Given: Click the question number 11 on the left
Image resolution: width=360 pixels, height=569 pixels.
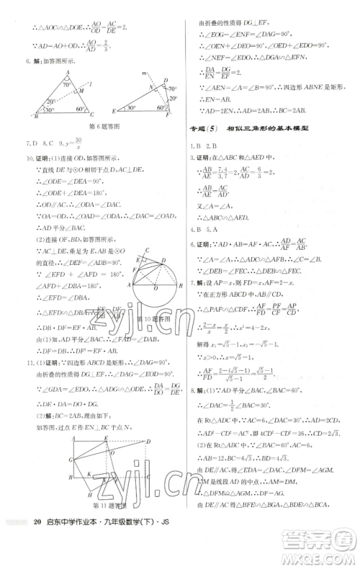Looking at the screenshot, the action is coord(30,361).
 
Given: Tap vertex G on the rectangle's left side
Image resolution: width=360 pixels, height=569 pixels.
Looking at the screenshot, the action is coord(70,459).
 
